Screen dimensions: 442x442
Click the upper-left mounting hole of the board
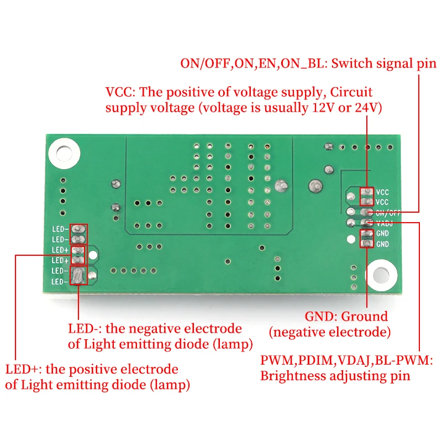pyautogui.click(x=62, y=152)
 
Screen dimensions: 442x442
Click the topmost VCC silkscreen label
pyautogui.click(x=382, y=192)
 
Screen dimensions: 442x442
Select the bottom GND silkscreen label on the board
pyautogui.click(x=382, y=244)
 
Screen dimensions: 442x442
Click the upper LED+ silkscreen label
pyautogui.click(x=60, y=250)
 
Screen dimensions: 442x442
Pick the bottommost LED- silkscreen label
pyautogui.click(x=60, y=281)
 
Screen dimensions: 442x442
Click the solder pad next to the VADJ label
pyautogui.click(x=366, y=223)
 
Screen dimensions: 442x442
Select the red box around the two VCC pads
pyautogui.click(x=366, y=197)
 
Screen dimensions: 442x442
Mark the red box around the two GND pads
pyautogui.click(x=366, y=239)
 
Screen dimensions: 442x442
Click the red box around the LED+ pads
pyautogui.click(x=79, y=255)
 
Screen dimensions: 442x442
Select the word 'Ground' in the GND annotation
pyautogui.click(x=364, y=317)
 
